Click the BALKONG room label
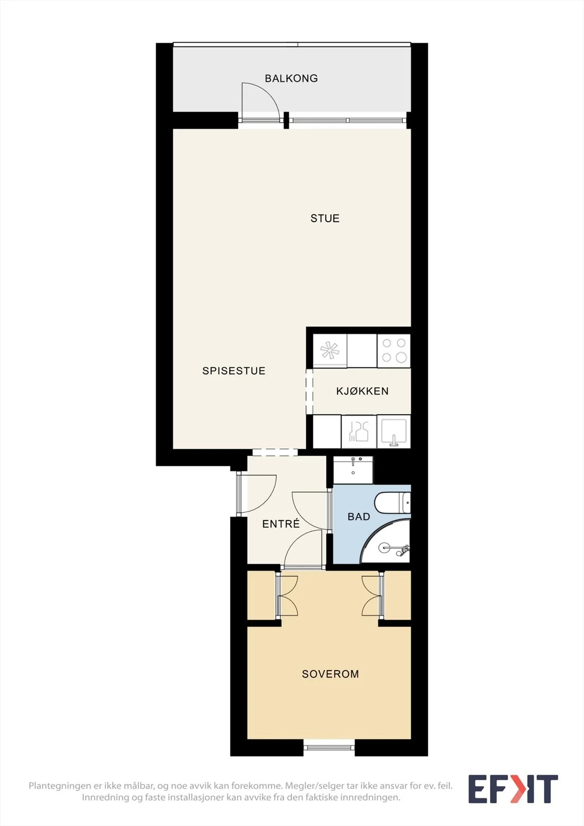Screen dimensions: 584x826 pos(291,78)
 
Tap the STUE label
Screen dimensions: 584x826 pos(325,218)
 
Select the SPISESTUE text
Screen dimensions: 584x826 pos(233,371)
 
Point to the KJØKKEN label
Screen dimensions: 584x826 pos(362,391)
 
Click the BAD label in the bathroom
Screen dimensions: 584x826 pos(358,517)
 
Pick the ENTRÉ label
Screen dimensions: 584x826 pos(281,523)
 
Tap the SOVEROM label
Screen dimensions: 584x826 pos(330,674)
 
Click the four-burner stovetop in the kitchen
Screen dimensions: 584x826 pos(393,351)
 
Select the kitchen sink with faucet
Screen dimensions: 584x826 pos(393,432)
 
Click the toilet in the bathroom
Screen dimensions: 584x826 pos(392,502)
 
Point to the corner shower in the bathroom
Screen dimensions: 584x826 pos(386,542)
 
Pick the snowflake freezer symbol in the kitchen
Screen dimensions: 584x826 pos(329,351)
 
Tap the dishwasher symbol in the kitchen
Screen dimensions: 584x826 pos(358,432)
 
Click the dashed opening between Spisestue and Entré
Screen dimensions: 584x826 pos(275,452)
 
